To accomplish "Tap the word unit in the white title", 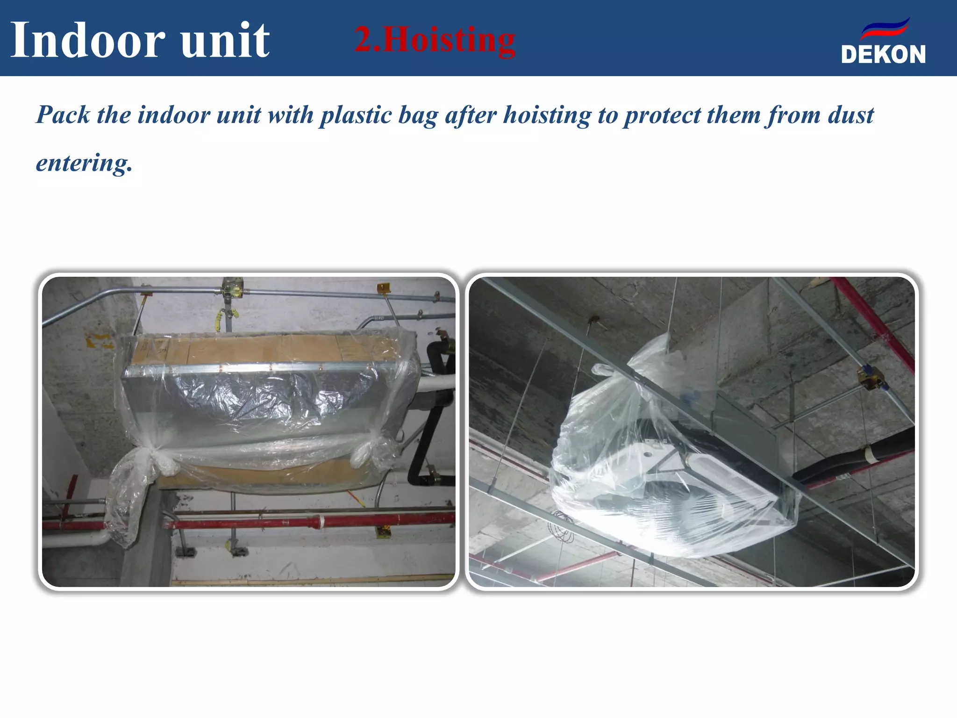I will click(x=225, y=40).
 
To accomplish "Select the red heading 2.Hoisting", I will click(x=435, y=40).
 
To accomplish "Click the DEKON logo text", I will click(x=883, y=55).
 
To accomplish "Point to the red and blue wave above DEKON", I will click(x=885, y=29).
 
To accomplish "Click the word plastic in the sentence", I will click(x=356, y=115).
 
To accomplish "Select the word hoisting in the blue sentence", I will click(x=547, y=116).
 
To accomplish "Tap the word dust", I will click(x=850, y=115).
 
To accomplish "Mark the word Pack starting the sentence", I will click(x=63, y=115).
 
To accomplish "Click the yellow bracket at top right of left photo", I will click(x=383, y=287).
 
